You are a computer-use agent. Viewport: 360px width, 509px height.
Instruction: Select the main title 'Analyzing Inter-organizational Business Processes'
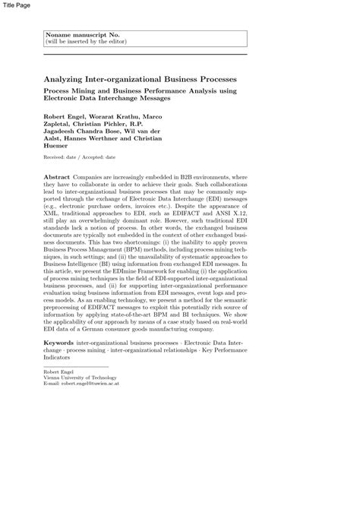pos(141,79)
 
